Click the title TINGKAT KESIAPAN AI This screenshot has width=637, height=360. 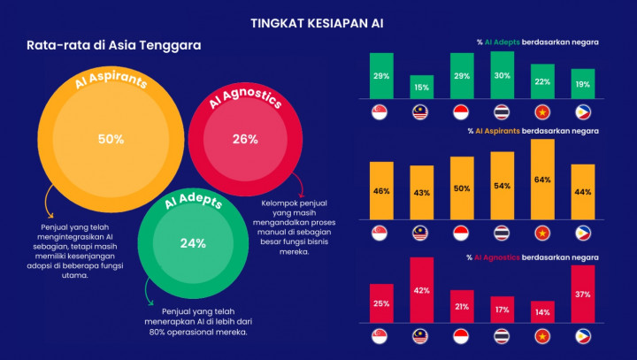pyautogui.click(x=317, y=22)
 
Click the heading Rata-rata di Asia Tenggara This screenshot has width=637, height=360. pyautogui.click(x=113, y=45)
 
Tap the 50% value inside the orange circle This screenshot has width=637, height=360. pyautogui.click(x=111, y=140)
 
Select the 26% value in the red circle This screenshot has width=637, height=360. pyautogui.click(x=245, y=139)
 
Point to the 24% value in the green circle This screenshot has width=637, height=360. pyautogui.click(x=193, y=243)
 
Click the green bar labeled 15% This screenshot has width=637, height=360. pyautogui.click(x=421, y=87)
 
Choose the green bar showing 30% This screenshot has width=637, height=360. pyautogui.click(x=503, y=75)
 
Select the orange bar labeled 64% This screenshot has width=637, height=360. pyautogui.click(x=542, y=179)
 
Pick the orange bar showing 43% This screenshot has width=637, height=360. pyautogui.click(x=421, y=191)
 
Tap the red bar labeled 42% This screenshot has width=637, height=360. pyautogui.click(x=421, y=290)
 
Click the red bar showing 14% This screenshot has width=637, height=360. pyautogui.click(x=542, y=311)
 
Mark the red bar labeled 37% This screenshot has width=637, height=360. pyautogui.click(x=582, y=294)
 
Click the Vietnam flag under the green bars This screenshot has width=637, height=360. pyautogui.click(x=542, y=112)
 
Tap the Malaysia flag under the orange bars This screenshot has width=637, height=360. pyautogui.click(x=422, y=233)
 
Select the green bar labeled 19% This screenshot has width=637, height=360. pyautogui.click(x=582, y=84)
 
